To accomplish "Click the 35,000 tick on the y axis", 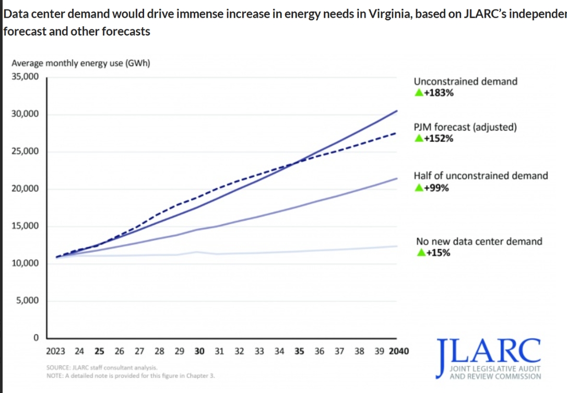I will (25, 77).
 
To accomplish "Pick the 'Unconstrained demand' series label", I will (465, 82).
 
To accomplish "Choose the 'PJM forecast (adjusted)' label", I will (465, 127).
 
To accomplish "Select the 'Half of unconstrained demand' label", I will (481, 176).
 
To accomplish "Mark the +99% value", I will (436, 188).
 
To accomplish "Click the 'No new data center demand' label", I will (479, 241).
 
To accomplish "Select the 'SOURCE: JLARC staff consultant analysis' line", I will (102, 368).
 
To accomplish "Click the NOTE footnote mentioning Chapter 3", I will (131, 376).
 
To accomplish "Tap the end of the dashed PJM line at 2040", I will (396, 133).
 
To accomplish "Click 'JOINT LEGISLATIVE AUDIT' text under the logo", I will (495, 369).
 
